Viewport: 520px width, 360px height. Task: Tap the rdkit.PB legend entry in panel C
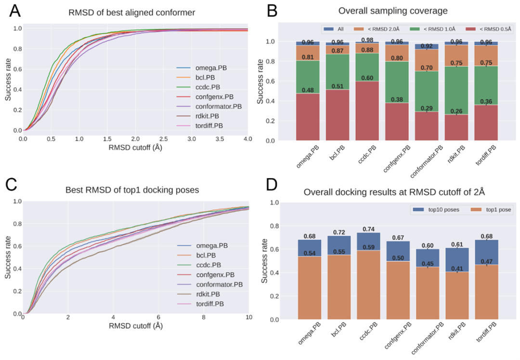click(208, 294)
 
